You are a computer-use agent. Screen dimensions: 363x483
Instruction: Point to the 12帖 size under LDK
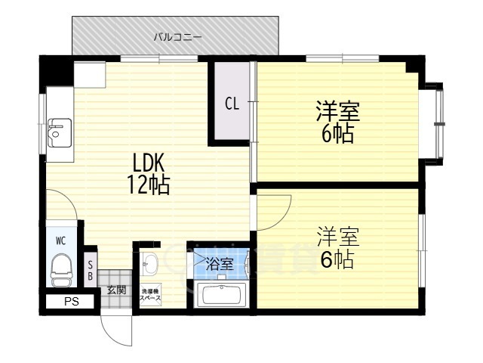coord(149,184)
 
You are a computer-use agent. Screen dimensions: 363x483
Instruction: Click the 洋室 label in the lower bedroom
coord(337,237)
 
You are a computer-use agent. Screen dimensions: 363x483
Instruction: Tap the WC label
coord(60,240)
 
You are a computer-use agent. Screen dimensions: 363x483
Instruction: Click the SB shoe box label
coord(90,271)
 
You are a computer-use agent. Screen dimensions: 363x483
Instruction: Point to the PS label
coord(70,302)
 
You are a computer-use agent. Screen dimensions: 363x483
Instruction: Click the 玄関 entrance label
coord(115,289)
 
